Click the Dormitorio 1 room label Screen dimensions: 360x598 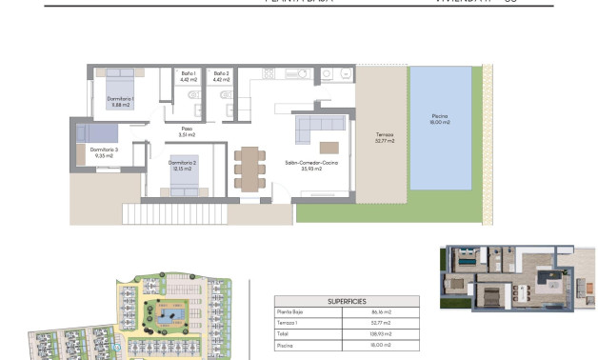coord(120,102)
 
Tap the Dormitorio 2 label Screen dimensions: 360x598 coord(183,166)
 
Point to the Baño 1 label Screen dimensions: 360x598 coord(188,76)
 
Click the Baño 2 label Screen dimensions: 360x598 coord(221,76)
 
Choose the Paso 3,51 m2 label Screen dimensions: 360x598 coord(187,132)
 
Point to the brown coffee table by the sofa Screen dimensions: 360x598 coord(329,147)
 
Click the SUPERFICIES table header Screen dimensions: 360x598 coord(348,299)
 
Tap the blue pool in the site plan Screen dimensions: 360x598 coord(173,312)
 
